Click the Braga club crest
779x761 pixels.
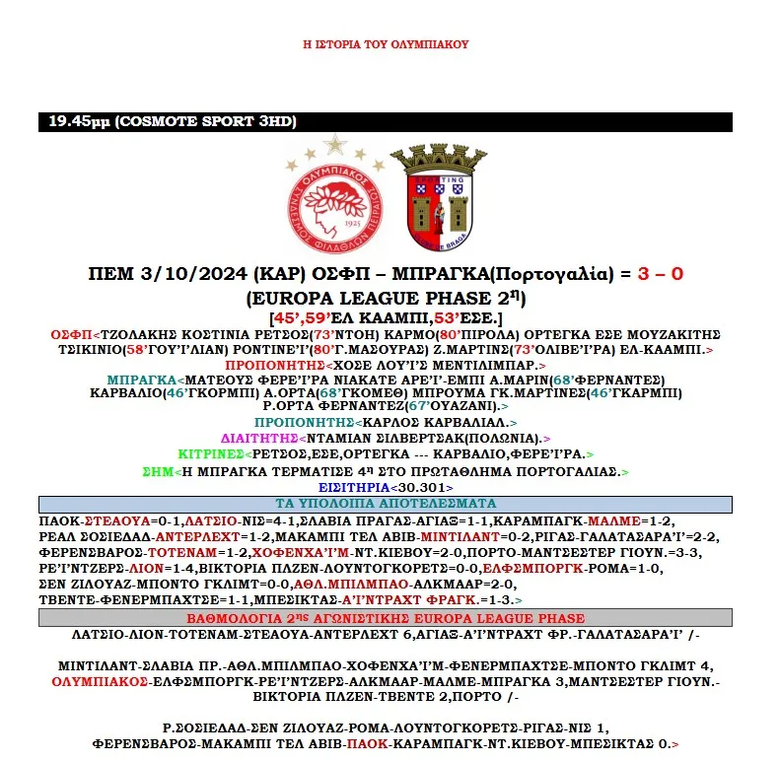(x=438, y=197)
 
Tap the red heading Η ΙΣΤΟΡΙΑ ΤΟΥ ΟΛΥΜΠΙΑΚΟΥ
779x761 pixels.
(x=386, y=44)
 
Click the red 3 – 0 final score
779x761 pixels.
(x=649, y=273)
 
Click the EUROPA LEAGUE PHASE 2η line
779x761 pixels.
(x=387, y=297)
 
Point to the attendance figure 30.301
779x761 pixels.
(x=426, y=488)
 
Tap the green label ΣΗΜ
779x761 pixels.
(x=158, y=471)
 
